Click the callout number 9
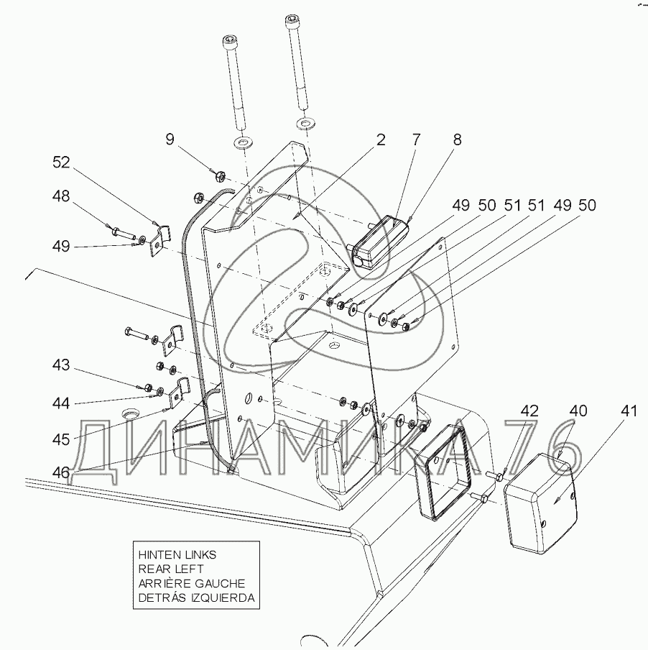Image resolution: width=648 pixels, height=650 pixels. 170,139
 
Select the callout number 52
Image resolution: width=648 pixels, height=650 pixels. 61,162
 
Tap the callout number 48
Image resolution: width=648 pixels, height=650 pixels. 61,196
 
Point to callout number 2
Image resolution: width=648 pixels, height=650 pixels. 381,139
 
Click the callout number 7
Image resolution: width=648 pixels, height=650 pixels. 416,139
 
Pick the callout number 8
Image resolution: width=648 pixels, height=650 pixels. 457,139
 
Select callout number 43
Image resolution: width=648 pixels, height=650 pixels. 61,365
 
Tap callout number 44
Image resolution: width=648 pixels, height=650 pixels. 61,403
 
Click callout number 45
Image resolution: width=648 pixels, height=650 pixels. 61,439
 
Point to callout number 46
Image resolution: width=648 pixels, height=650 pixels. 61,472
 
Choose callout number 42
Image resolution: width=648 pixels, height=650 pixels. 529,411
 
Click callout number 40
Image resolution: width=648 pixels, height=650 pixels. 578,411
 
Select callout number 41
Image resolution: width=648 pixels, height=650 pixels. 629,411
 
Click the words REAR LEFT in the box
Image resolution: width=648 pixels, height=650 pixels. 171,569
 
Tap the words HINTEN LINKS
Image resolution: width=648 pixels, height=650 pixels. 177,554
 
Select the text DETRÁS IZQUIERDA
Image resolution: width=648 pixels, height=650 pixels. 197,598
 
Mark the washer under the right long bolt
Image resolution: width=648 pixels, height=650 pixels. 305,123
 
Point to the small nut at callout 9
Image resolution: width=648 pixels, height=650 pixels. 219,177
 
